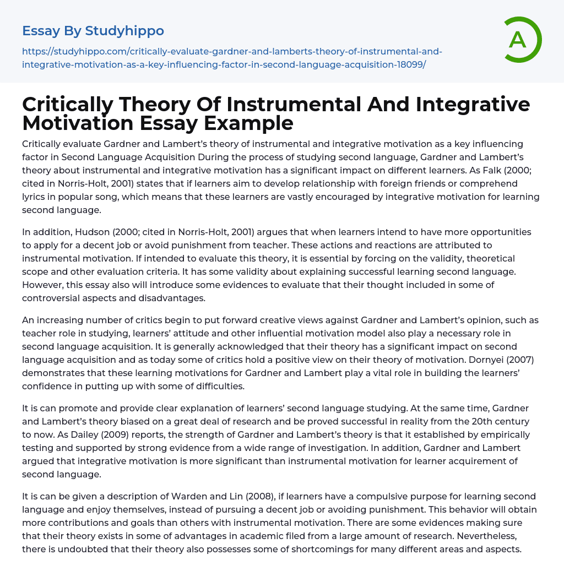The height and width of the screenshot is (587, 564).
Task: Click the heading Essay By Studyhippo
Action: pyautogui.click(x=93, y=31)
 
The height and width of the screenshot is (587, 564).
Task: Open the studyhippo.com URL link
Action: pyautogui.click(x=232, y=58)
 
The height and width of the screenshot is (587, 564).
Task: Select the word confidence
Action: pyautogui.click(x=46, y=386)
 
